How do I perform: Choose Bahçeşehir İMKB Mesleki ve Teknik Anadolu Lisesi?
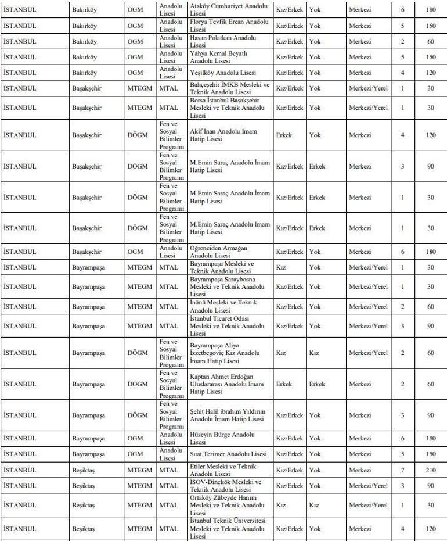[x=230, y=88]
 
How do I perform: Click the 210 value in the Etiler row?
[x=430, y=470]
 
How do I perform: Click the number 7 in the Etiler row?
[x=403, y=470]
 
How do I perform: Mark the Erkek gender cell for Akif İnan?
[x=284, y=135]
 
